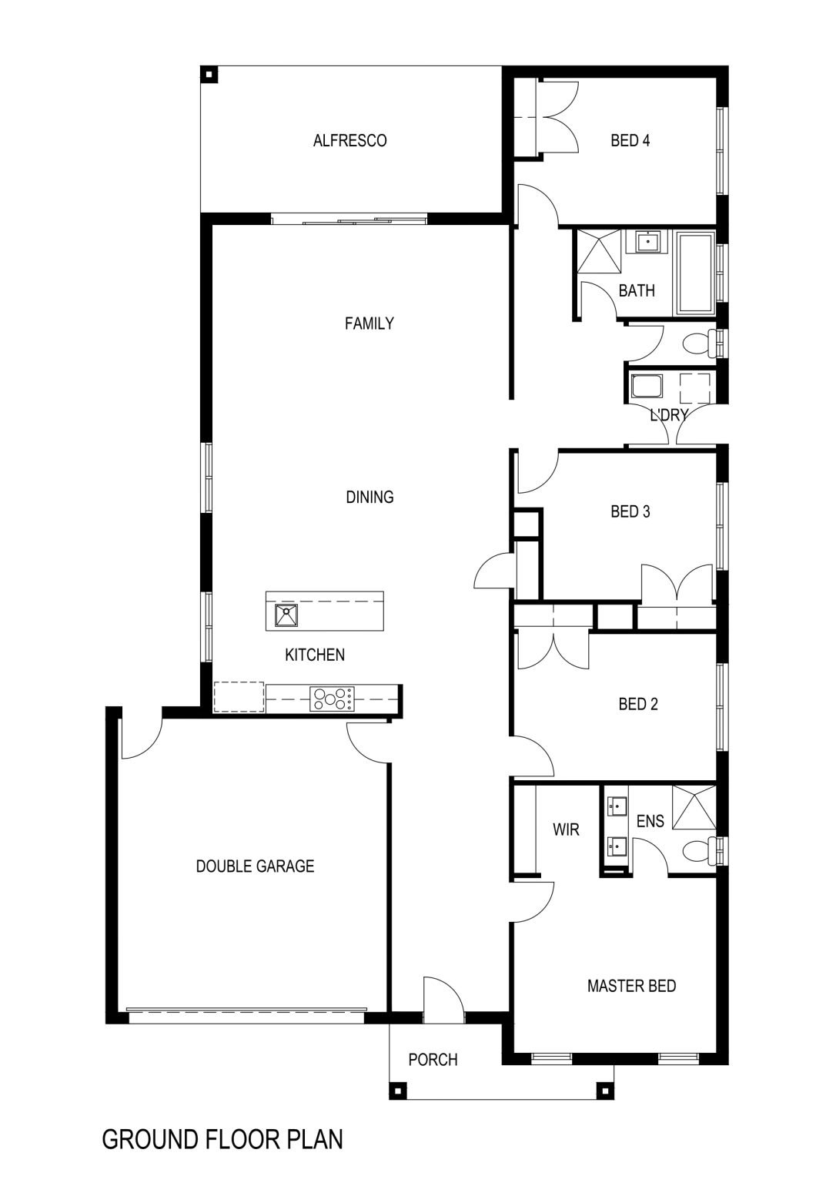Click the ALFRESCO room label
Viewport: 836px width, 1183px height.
(x=350, y=140)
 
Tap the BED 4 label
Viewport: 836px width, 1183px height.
(x=630, y=140)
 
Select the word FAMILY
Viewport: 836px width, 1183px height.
(x=370, y=323)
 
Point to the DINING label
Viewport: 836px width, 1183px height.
(x=370, y=497)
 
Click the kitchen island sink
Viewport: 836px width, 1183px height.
(x=286, y=615)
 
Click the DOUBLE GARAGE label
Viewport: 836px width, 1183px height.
(x=255, y=866)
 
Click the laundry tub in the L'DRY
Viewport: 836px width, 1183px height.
(x=647, y=387)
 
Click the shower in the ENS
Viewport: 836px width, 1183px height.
(x=694, y=807)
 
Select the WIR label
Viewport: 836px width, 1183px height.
(x=567, y=829)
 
